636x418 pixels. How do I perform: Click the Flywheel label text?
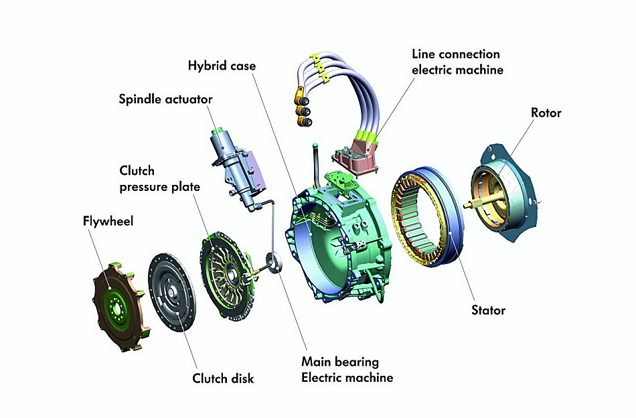click(x=108, y=220)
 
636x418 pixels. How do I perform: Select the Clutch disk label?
click(x=224, y=378)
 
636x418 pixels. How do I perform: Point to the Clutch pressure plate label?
click(x=159, y=179)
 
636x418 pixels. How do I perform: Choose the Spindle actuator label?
click(x=165, y=99)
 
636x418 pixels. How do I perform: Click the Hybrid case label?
click(x=222, y=66)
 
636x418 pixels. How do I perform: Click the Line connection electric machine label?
click(x=456, y=61)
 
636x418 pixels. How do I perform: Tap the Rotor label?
click(x=546, y=113)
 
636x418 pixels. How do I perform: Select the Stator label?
click(x=488, y=310)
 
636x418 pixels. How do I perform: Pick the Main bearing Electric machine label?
click(x=347, y=370)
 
